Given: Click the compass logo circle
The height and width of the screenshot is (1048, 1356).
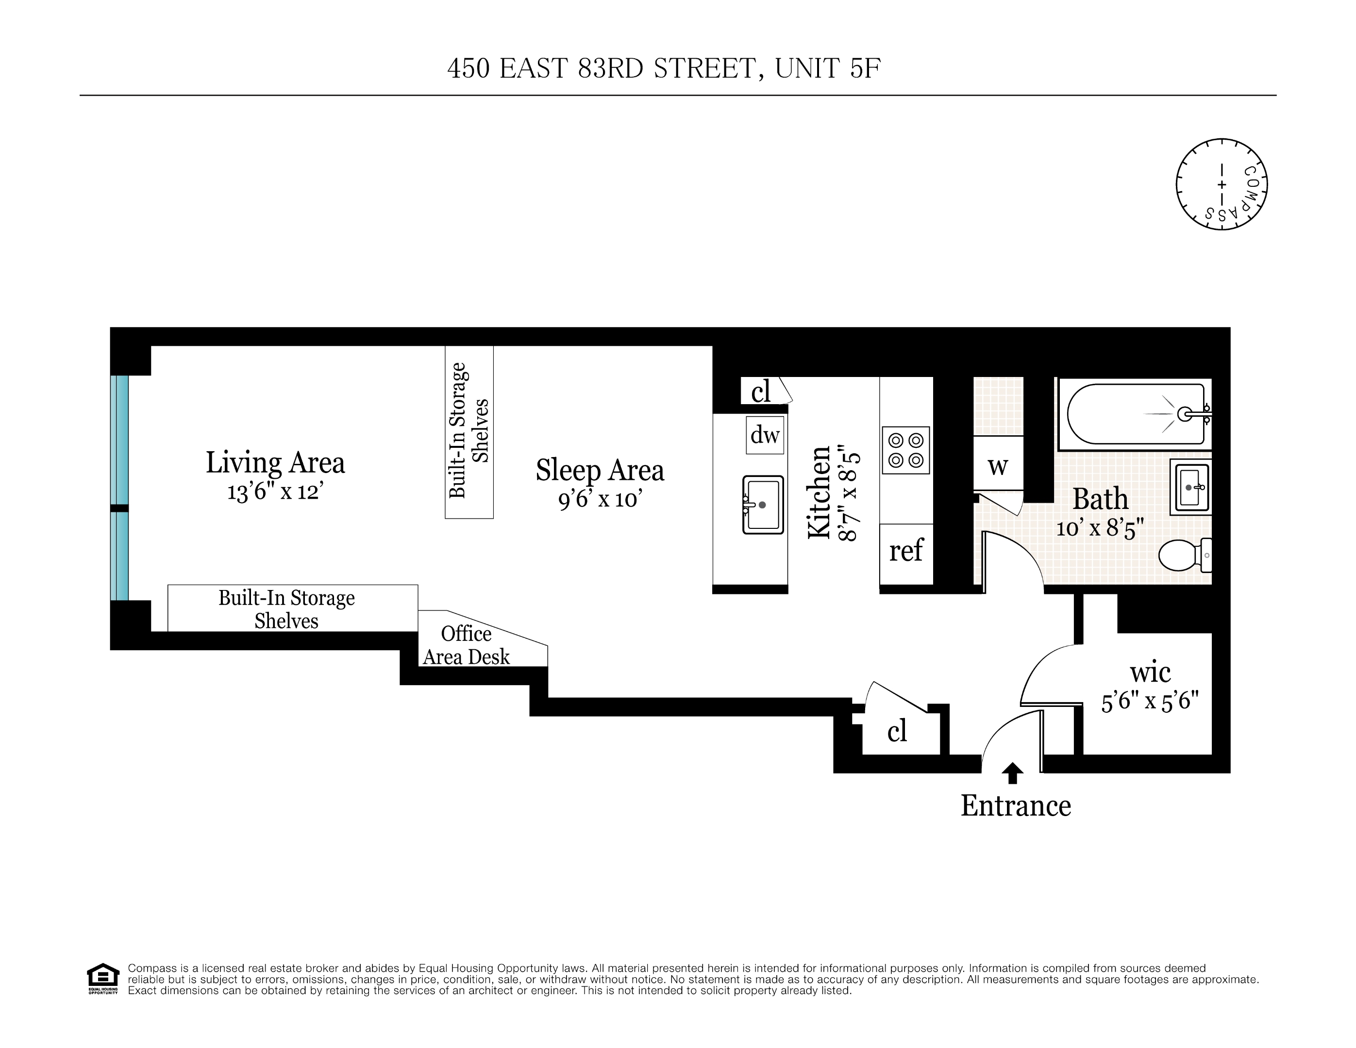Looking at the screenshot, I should pos(1221,184).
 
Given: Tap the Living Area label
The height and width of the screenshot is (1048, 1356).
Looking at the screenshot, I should pos(275,463).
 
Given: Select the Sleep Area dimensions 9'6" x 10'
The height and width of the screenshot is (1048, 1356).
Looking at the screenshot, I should pos(599,498).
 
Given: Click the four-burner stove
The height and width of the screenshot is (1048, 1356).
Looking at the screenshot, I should pos(905,450).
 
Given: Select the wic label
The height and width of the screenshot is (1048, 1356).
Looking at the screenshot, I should pos(1150,672).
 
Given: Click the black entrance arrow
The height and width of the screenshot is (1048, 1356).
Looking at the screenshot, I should pos(1012,773).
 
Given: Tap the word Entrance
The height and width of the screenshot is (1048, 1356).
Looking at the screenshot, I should pos(1016,806).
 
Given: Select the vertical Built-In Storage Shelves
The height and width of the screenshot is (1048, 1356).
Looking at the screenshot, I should pos(469,431).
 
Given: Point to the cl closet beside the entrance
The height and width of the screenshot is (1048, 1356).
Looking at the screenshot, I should pos(897,732).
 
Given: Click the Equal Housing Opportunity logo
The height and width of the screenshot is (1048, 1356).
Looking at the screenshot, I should pos(102,979).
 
